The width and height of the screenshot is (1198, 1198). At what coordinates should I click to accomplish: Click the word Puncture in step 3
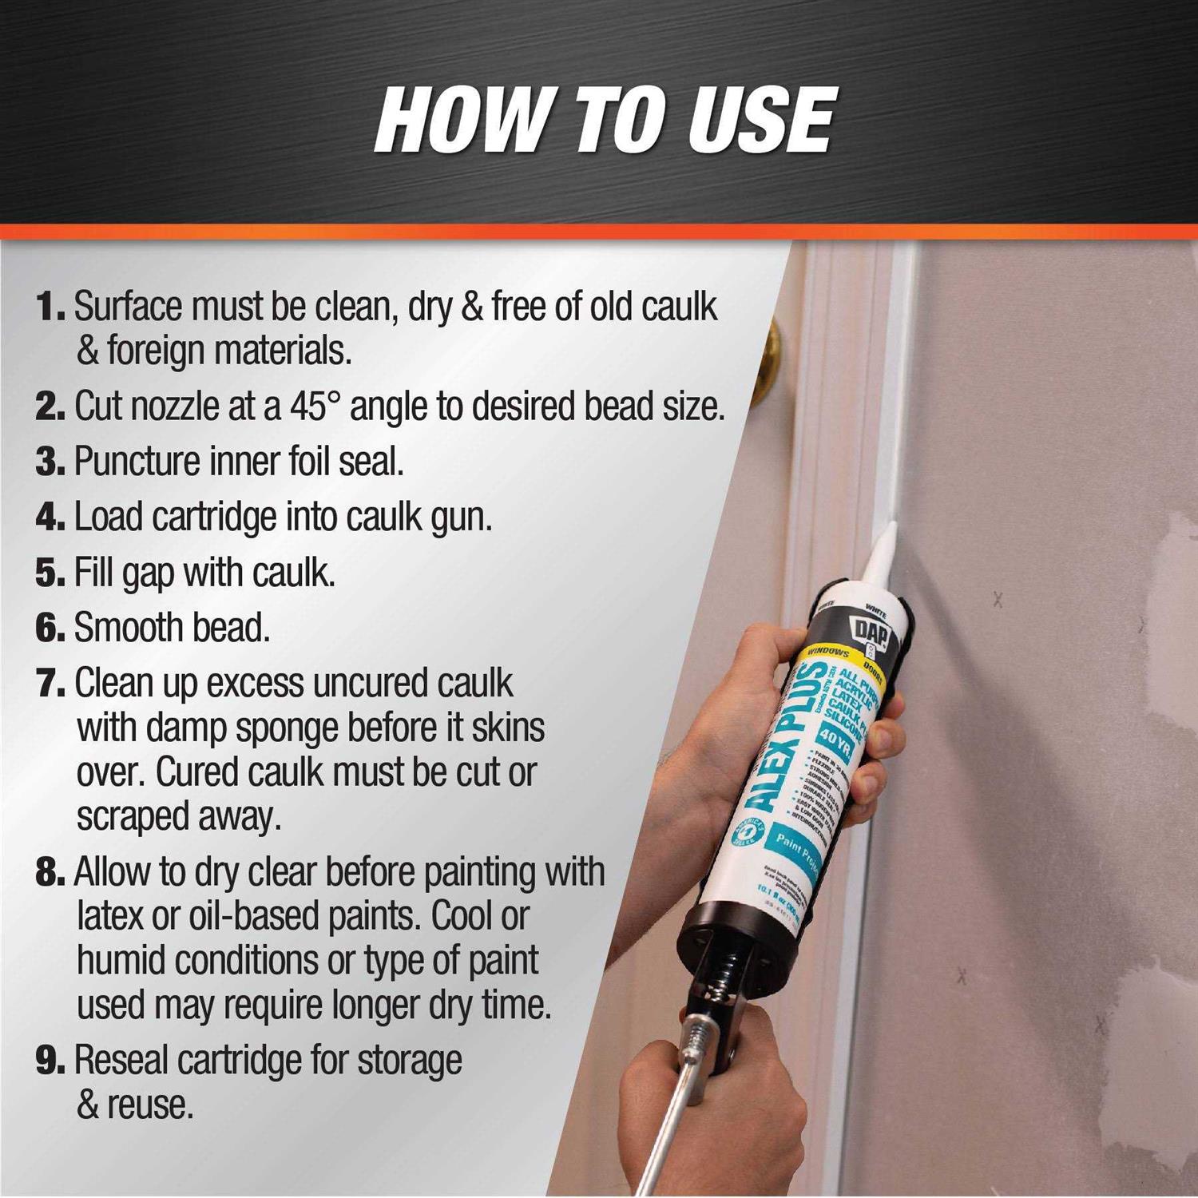point(137,462)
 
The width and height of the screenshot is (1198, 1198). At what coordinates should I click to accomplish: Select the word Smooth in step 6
point(124,629)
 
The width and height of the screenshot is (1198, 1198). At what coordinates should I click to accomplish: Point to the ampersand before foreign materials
point(87,351)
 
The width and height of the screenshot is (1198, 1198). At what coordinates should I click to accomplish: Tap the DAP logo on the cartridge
point(872,630)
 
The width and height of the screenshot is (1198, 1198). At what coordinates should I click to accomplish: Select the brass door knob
point(772,351)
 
